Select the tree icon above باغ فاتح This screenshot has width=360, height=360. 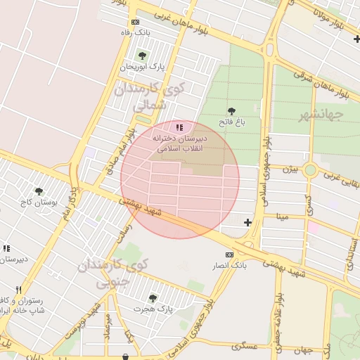coord(231,111)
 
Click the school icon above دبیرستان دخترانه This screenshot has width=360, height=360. coord(180,127)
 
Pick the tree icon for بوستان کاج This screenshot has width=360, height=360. coord(39,191)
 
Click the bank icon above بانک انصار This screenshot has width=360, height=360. coord(229,255)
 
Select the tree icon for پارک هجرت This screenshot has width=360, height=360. coord(153,298)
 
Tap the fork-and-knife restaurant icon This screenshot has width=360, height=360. coord(19,290)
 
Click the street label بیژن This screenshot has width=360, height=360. coord(290,169)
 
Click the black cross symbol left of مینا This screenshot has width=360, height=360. coord(247,223)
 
